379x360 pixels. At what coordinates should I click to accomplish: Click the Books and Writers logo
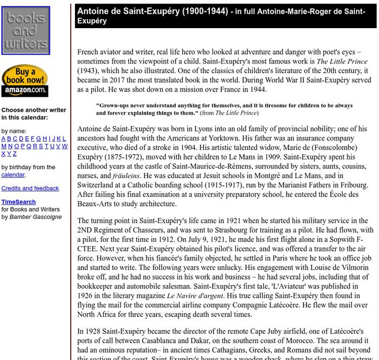click(25, 31)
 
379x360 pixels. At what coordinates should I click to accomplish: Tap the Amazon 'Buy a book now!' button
click(25, 81)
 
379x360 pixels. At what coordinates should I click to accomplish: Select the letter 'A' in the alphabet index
click(4, 139)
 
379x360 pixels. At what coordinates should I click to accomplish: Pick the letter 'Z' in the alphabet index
click(14, 154)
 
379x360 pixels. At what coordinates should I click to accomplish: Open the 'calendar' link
click(13, 175)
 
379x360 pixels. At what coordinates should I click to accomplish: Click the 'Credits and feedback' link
click(30, 188)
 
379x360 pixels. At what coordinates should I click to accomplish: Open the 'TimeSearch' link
click(19, 202)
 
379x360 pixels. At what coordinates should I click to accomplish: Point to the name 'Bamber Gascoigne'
click(35, 217)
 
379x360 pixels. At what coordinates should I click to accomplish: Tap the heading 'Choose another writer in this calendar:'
click(34, 114)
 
